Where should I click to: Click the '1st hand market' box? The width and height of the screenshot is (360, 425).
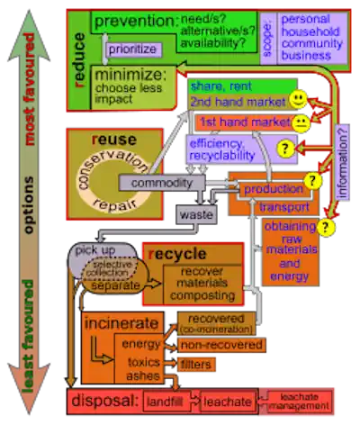point(243,122)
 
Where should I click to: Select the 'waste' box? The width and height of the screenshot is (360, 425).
point(195,216)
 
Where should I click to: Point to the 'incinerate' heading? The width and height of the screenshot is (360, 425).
point(122,322)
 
